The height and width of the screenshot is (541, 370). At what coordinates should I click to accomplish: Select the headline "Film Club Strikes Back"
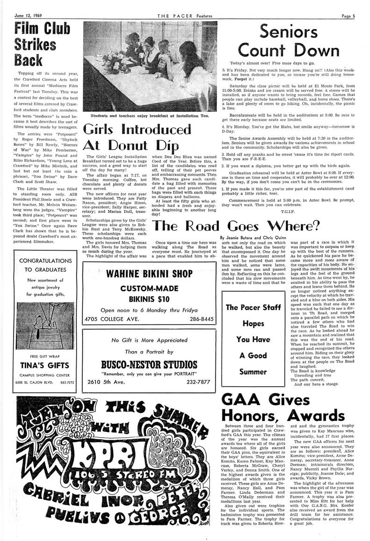click(x=36, y=45)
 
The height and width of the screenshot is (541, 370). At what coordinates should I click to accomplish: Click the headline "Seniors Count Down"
click(x=289, y=41)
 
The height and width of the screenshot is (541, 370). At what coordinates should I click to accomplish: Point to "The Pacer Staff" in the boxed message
click(x=253, y=307)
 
